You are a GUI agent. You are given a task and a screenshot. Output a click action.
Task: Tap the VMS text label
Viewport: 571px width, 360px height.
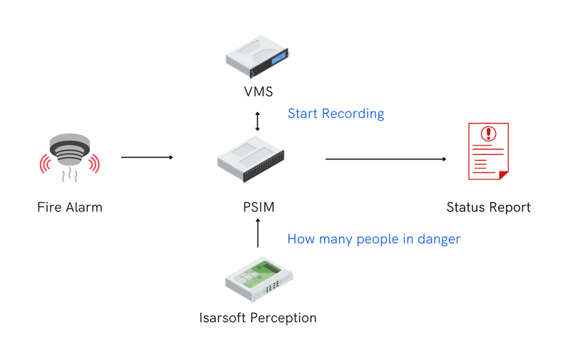(258, 92)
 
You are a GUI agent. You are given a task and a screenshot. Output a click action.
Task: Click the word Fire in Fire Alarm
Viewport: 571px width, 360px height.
(49, 208)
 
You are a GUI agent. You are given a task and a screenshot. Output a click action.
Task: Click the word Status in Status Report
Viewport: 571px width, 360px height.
(465, 208)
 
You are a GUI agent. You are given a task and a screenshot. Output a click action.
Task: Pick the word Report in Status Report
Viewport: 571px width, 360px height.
(510, 208)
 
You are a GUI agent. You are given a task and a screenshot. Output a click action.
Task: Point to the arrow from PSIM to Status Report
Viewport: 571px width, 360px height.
(386, 159)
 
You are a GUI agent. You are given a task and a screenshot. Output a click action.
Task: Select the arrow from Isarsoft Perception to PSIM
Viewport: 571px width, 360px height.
(258, 234)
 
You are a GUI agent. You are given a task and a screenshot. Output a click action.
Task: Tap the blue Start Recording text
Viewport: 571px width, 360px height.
(335, 114)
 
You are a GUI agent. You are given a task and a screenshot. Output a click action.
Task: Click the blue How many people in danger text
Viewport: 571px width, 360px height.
(373, 240)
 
